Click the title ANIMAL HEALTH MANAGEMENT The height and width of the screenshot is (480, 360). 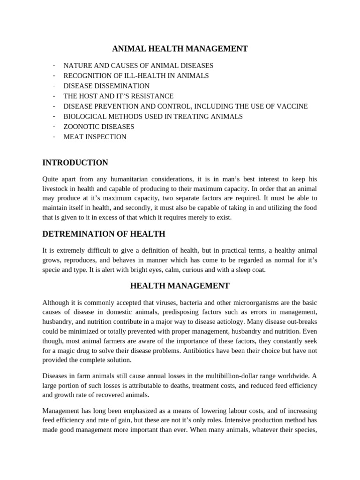(x=180, y=49)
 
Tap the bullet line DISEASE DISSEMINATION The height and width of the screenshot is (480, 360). (x=106, y=86)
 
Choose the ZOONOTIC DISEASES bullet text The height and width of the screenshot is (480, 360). (x=98, y=127)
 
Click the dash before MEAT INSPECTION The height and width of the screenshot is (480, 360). (x=54, y=137)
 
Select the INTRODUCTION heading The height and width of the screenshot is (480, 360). (x=75, y=163)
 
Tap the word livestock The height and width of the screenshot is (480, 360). (x=56, y=189)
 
